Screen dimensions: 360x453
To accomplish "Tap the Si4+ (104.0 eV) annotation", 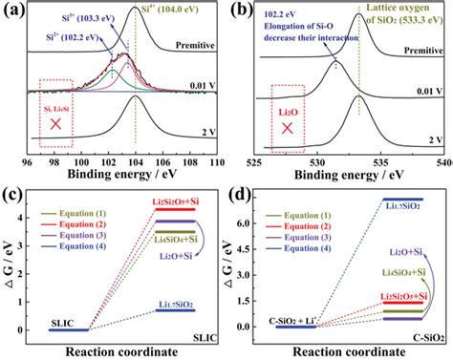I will pyautogui.click(x=159, y=11).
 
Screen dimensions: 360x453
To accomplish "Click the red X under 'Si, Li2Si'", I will pyautogui.click(x=56, y=129).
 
